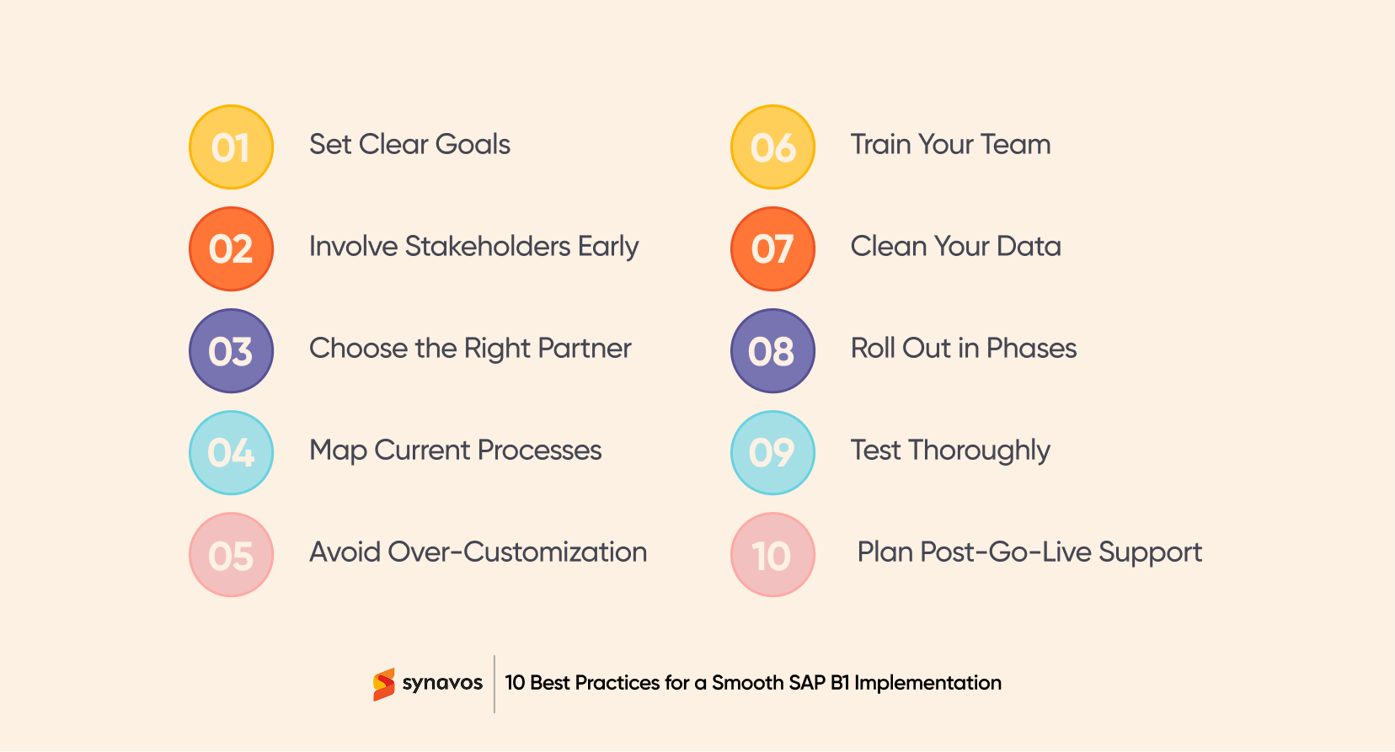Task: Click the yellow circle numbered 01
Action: point(231,147)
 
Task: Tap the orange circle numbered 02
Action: point(231,249)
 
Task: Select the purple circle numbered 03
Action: point(231,351)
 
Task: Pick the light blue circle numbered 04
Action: point(231,453)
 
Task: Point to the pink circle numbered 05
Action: point(231,555)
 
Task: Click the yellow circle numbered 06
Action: point(772,147)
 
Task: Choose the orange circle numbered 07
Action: point(772,249)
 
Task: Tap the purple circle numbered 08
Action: point(772,351)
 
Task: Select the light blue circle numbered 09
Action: point(772,453)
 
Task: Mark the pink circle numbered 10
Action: point(772,555)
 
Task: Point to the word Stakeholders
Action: point(488,247)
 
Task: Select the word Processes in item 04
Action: point(539,451)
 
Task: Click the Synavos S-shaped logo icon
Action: point(384,685)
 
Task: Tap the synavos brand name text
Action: point(442,683)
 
